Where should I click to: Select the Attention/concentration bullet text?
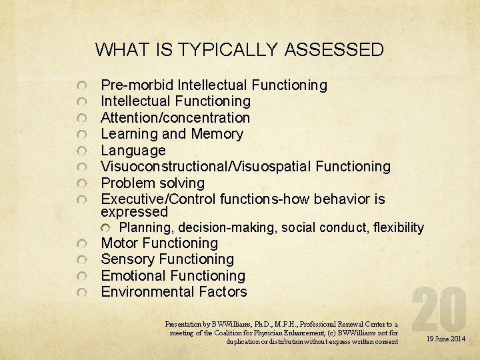[x=175, y=118]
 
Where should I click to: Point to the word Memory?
[x=217, y=134]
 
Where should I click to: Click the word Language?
[x=133, y=151]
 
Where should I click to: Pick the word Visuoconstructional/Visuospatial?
[x=206, y=167]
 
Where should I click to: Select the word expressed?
[x=134, y=212]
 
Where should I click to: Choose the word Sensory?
[x=126, y=259]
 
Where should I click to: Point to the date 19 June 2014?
[x=446, y=339]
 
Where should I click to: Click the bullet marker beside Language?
[x=81, y=151]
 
